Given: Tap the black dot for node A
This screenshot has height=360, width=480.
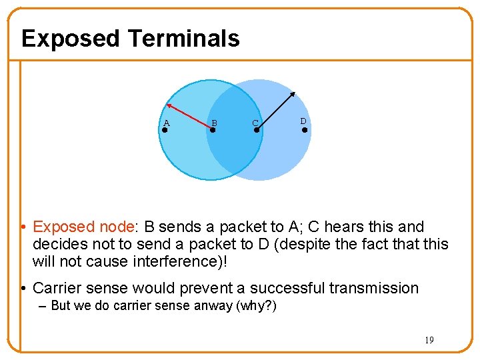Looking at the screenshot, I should click(165, 130).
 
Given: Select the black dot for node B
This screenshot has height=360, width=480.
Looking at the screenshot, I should click(213, 130).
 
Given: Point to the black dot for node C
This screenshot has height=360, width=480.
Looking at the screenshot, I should click(257, 130).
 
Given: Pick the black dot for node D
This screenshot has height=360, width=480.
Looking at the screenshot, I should click(305, 130).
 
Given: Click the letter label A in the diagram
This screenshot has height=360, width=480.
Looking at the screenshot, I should click(167, 123).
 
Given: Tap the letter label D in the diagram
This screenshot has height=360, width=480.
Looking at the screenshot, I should click(303, 121).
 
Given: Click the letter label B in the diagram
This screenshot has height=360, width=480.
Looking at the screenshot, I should click(214, 123).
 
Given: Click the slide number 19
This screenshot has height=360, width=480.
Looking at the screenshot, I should click(429, 340).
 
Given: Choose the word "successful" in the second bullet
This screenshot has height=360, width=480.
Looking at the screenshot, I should click(289, 289).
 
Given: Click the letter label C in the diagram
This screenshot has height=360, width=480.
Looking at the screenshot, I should click(255, 123).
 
